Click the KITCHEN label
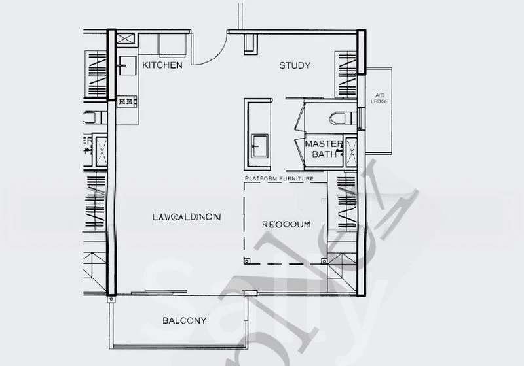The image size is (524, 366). [162, 65]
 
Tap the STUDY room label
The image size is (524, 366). [294, 65]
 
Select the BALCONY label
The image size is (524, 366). [184, 320]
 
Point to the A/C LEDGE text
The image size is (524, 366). [379, 98]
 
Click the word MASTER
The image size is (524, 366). [320, 144]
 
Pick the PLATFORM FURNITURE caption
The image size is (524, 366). [279, 178]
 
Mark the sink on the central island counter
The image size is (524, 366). [260, 143]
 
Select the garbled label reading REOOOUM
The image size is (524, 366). [286, 225]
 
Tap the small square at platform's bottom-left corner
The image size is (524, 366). [247, 259]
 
